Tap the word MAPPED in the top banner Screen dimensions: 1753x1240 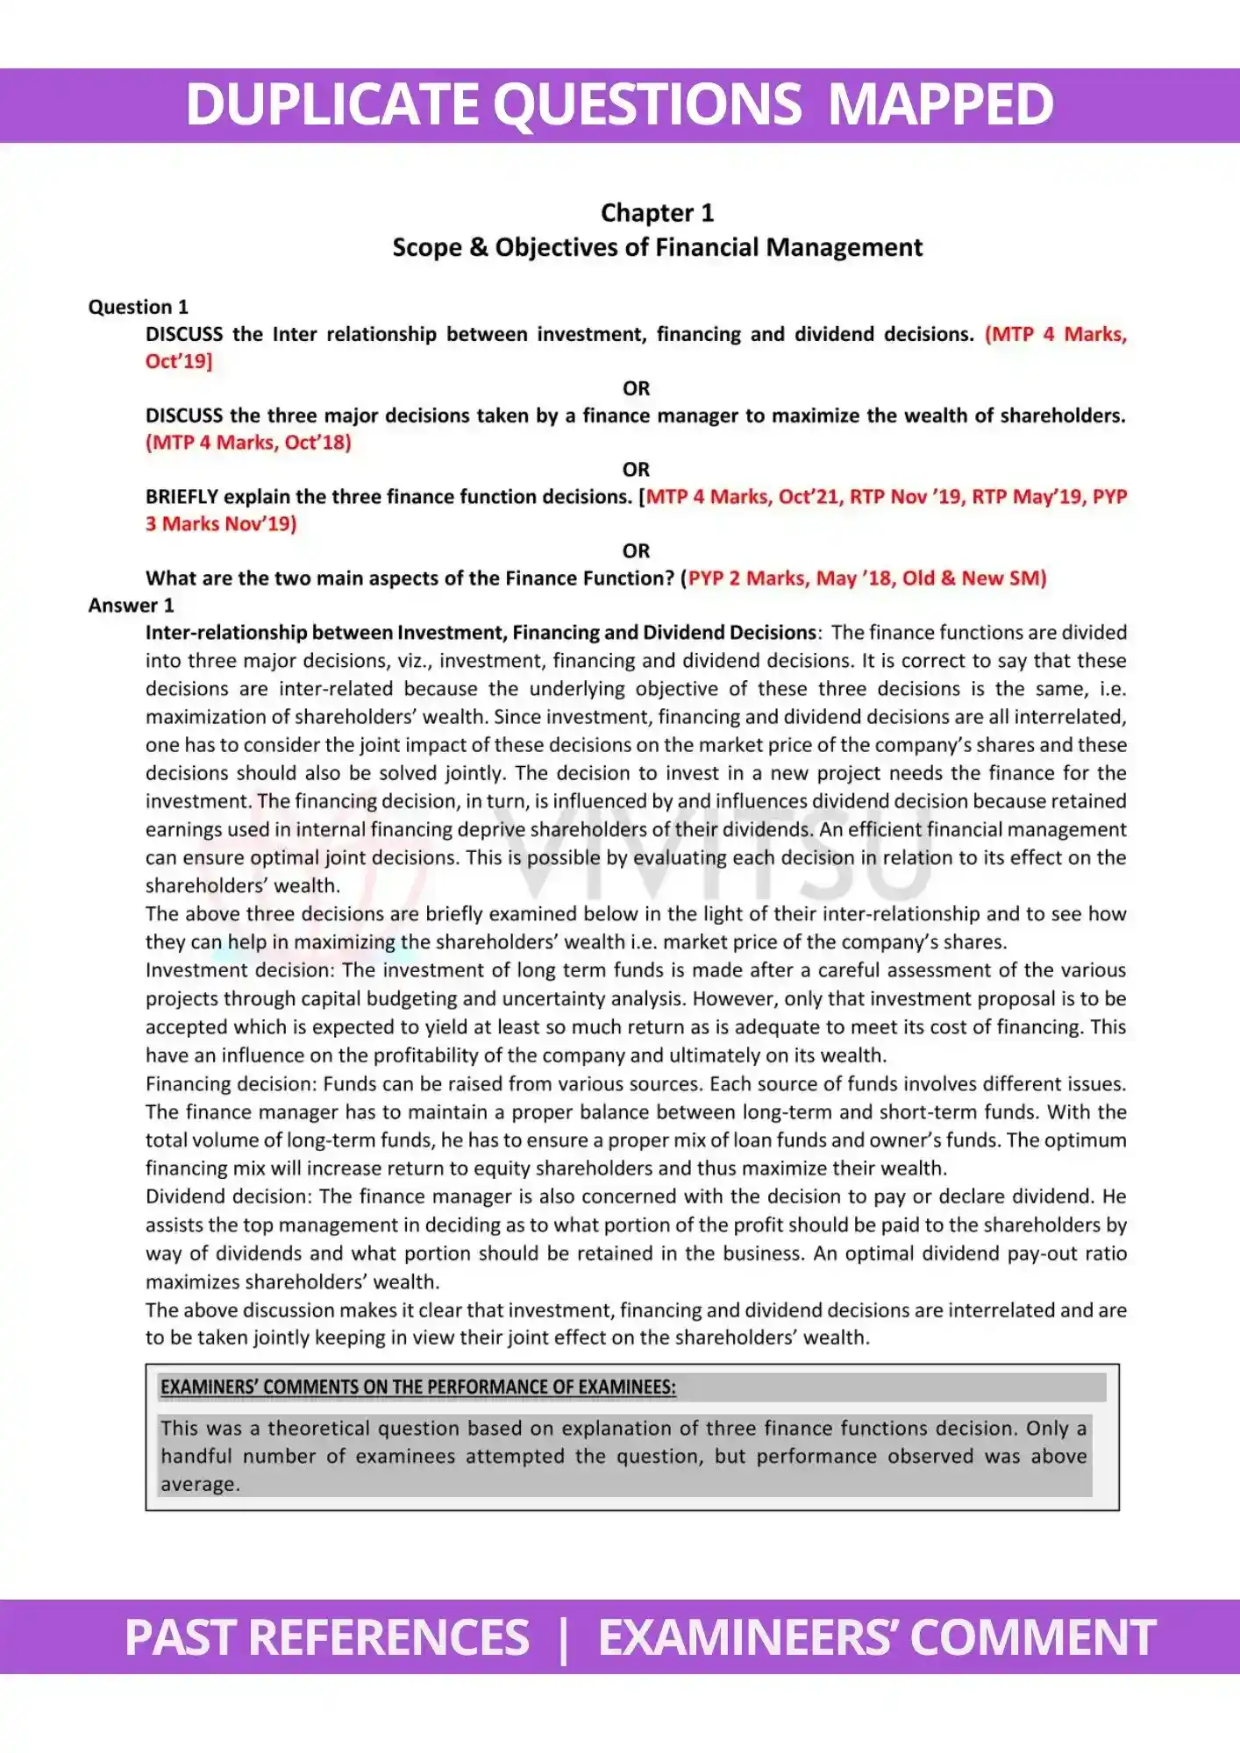940,104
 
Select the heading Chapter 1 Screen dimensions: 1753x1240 657,213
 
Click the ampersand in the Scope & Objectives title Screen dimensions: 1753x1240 478,247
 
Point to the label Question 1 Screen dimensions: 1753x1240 138,307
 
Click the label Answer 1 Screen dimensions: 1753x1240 131,605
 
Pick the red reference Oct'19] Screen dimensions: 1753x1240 179,361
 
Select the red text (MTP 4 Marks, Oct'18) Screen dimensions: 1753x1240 248,442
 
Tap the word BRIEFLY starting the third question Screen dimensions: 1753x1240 182,496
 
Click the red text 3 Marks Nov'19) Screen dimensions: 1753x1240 221,523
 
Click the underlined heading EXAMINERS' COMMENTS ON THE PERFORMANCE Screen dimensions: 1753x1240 417,1387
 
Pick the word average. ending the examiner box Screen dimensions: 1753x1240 200,1484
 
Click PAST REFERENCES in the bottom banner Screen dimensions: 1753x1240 326,1637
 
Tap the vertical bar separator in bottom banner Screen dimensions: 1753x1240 563,1637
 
